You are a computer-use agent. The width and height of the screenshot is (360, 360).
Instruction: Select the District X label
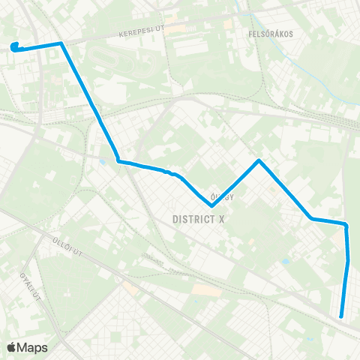click(198, 220)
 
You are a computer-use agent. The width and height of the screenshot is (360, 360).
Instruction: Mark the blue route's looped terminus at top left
click(15, 46)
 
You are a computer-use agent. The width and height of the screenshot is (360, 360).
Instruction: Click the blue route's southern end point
click(341, 316)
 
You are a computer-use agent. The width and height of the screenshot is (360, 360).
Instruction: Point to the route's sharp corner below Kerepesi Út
click(61, 43)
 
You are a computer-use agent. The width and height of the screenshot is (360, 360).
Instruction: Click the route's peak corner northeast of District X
click(259, 160)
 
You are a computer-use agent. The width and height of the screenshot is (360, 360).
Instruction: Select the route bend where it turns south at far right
click(346, 224)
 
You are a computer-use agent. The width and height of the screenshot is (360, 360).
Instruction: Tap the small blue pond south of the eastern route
click(286, 262)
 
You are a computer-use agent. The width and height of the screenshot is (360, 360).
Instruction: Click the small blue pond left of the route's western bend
click(102, 160)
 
